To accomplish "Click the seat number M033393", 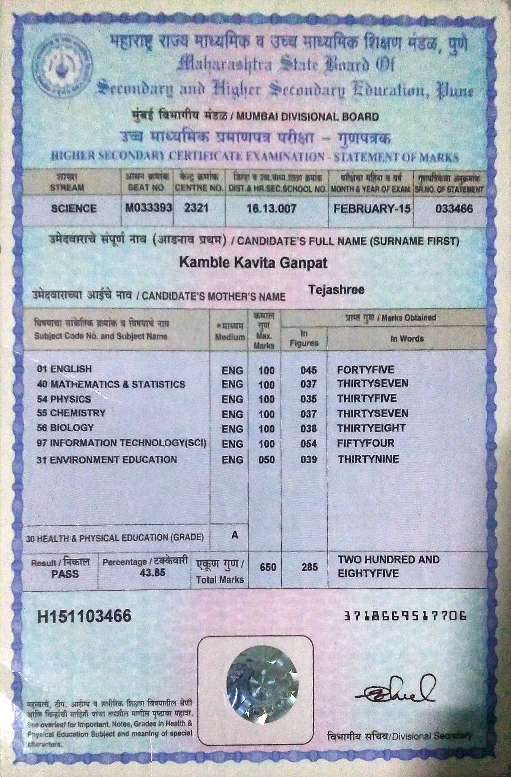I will (149, 208).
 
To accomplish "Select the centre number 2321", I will (196, 208).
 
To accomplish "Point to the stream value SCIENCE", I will (74, 209).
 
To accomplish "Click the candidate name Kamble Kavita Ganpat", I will (253, 263).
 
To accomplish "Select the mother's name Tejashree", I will (336, 289).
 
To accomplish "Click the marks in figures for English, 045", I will (308, 370).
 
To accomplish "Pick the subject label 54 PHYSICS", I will (64, 399).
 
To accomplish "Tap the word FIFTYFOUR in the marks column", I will (366, 443).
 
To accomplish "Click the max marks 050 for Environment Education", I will (266, 460).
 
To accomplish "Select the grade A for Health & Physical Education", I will (235, 535).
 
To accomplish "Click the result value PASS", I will (65, 573).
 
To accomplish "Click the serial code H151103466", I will (84, 616).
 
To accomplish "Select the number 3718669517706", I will (406, 616).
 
